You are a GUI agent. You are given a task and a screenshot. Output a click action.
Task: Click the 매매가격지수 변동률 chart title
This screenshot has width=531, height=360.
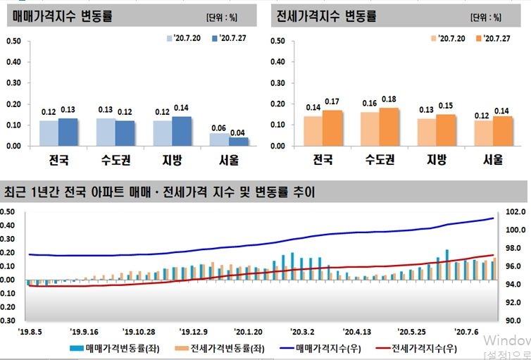point(63,16)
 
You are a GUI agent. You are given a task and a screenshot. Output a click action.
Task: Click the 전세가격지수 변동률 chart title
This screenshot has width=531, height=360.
point(326,16)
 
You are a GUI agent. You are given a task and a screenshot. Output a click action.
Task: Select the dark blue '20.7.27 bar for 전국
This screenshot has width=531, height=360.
point(68,132)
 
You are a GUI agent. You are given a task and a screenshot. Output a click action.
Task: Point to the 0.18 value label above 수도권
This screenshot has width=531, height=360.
point(389,99)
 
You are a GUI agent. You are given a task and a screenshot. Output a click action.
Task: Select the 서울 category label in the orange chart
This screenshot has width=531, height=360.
point(493,160)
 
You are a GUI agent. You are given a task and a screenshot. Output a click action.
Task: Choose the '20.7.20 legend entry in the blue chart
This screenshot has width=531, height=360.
point(185,37)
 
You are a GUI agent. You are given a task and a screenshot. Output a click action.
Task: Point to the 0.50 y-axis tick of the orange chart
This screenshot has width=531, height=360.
point(277,42)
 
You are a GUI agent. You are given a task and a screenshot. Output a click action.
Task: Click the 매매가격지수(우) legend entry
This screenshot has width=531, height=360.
point(321,347)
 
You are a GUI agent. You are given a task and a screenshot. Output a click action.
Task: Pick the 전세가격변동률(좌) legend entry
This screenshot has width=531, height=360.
point(220,347)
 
